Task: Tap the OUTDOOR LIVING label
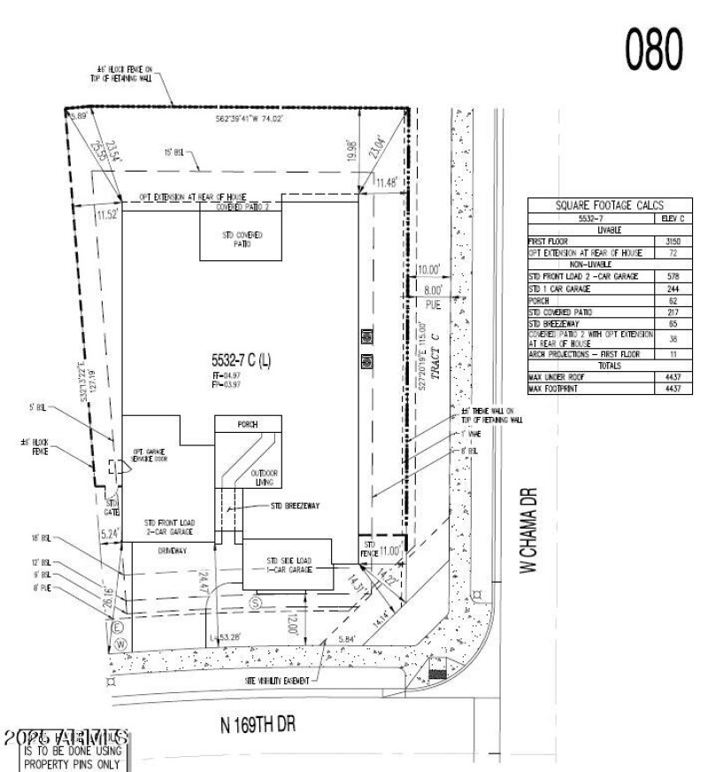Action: click(261, 476)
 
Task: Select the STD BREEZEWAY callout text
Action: click(295, 507)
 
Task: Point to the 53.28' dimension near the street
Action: click(229, 637)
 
